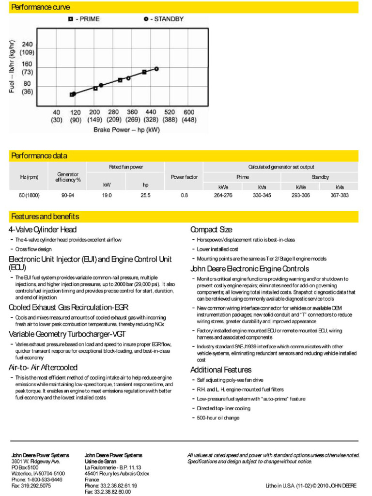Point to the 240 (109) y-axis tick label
tap(27, 48)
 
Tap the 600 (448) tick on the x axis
tap(189, 116)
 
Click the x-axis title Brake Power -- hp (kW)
tap(126, 130)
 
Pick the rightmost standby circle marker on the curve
tap(156, 69)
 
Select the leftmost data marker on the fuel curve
tap(72, 94)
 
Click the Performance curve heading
tap(40, 7)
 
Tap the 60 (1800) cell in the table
tap(30, 195)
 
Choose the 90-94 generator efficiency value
tap(68, 195)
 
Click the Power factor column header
tap(184, 177)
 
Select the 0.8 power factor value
tap(184, 195)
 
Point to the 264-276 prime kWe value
tap(223, 195)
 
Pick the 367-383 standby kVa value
tap(339, 195)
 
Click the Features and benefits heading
tap(45, 217)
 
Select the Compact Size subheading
tap(211, 230)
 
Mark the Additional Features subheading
tap(221, 370)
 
